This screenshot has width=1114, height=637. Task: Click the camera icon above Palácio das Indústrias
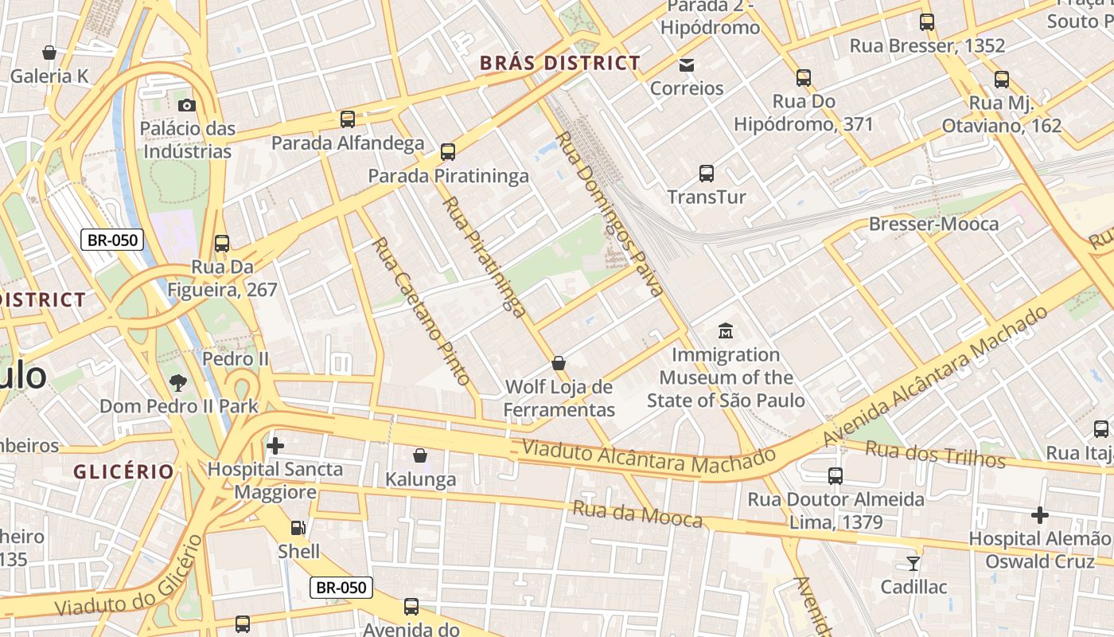point(187,105)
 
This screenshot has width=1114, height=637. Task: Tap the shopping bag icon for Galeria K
point(49,53)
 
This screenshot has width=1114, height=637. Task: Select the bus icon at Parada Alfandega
point(348,119)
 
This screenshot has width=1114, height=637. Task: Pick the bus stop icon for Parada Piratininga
point(448,151)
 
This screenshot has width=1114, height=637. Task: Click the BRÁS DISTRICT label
point(559,64)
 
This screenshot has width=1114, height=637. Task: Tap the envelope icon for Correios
point(686,64)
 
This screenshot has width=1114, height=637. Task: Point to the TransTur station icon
point(706,173)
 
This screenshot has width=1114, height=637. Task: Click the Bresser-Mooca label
point(933,224)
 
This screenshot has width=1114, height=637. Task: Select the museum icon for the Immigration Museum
point(725,330)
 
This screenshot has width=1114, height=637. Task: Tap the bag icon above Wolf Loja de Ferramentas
point(559,363)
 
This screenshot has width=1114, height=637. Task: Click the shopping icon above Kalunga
point(420,455)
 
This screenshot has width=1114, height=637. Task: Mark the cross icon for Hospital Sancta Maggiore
point(275,445)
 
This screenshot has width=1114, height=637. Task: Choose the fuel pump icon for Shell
point(298,527)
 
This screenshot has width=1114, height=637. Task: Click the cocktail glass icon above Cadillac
point(913,563)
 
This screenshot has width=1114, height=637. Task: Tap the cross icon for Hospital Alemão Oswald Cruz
point(1039,515)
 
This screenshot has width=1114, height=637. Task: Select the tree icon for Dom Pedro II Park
point(178,382)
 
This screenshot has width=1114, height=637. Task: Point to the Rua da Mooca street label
point(637,514)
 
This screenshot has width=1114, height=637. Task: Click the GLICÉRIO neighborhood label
point(123,471)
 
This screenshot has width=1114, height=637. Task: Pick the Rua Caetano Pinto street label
point(421,311)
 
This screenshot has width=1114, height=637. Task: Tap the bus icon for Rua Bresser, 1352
point(927,22)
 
